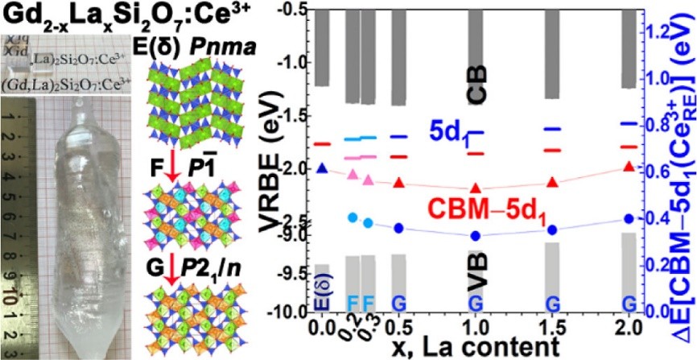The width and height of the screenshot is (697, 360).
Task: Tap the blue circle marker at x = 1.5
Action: pyautogui.click(x=553, y=230)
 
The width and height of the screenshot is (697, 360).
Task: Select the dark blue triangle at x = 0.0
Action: pyautogui.click(x=322, y=168)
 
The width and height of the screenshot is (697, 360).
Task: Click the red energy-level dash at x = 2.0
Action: pyautogui.click(x=630, y=147)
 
